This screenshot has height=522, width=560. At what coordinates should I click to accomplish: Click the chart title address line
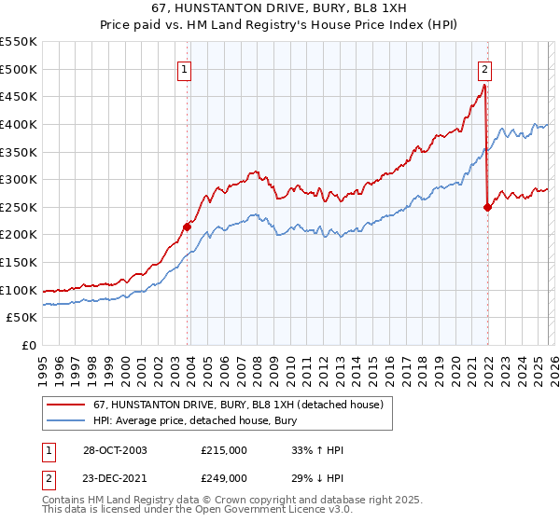279,8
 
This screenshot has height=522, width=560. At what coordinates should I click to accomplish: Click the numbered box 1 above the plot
186,68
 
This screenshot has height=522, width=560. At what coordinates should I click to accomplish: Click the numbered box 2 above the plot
485,68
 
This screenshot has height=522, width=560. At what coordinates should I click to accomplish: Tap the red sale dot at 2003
188,227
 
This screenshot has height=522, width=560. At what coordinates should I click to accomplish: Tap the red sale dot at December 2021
487,208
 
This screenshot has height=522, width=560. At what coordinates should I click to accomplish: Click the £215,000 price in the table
224,450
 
